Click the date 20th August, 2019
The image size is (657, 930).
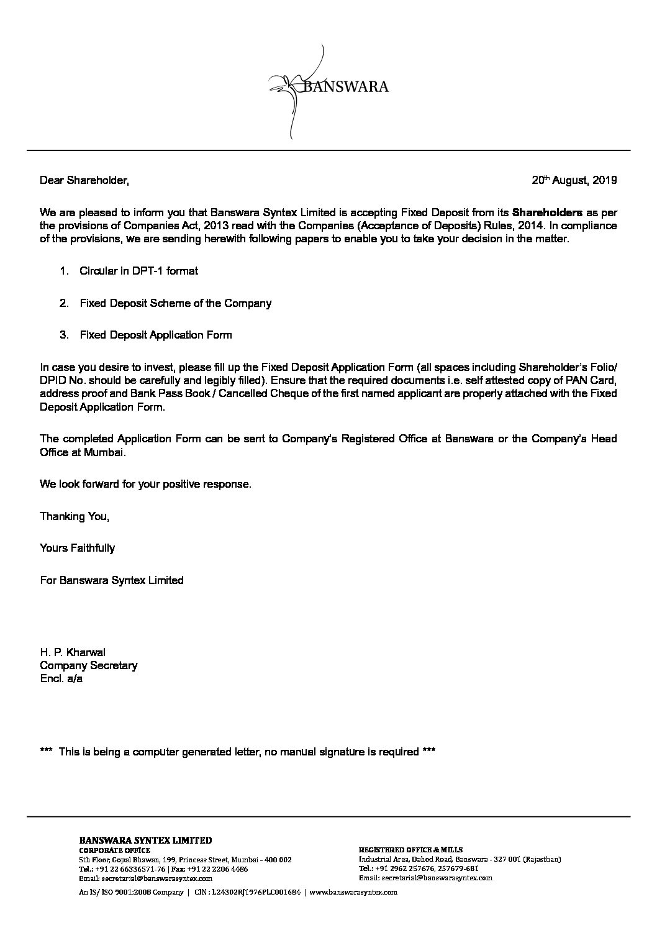click(x=574, y=181)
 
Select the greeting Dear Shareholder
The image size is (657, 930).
click(x=84, y=181)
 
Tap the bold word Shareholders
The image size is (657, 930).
click(x=547, y=211)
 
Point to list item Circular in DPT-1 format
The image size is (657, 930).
click(x=138, y=271)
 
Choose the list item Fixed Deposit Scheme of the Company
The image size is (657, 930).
click(x=175, y=303)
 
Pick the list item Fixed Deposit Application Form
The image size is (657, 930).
click(x=155, y=335)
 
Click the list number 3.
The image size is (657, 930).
click(x=63, y=335)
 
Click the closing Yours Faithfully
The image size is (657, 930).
click(x=77, y=548)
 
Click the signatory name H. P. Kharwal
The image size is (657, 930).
click(x=73, y=652)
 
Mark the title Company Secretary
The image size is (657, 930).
click(x=88, y=665)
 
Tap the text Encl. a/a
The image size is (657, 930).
click(x=61, y=678)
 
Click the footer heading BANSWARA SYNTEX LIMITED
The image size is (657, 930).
click(x=145, y=841)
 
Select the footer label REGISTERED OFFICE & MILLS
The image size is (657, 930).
click(x=410, y=849)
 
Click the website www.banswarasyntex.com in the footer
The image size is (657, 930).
click(x=353, y=892)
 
